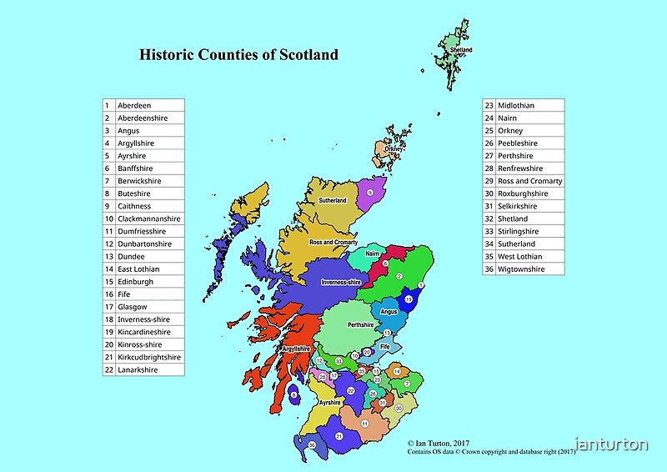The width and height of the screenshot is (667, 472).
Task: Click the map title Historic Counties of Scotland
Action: click(x=238, y=55)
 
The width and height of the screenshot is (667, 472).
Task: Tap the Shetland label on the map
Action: click(x=461, y=51)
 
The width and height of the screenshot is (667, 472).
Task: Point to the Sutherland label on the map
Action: click(x=333, y=201)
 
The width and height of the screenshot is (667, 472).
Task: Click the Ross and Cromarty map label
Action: click(x=333, y=242)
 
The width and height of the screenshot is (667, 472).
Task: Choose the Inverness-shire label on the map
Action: click(x=344, y=282)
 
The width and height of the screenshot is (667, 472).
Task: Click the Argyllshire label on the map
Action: click(x=297, y=349)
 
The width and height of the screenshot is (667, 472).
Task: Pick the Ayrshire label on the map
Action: click(x=330, y=402)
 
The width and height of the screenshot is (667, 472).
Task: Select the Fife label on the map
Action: click(x=385, y=345)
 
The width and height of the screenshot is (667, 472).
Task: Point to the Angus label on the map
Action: click(x=389, y=312)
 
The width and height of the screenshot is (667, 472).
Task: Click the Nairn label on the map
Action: click(x=374, y=252)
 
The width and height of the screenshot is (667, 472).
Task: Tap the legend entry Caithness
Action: click(x=134, y=206)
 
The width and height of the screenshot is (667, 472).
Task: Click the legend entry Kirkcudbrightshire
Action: click(x=149, y=357)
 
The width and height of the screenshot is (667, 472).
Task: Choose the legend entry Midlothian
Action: click(x=516, y=105)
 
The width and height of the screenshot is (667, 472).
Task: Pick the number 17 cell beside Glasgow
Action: click(x=108, y=307)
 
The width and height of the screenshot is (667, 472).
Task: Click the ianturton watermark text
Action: click(x=611, y=444)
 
